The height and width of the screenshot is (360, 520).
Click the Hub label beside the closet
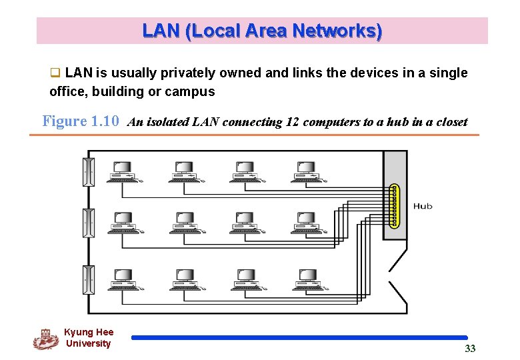point(423,206)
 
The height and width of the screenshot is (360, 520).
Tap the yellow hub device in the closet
point(394,206)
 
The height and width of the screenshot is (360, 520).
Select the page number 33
point(470,349)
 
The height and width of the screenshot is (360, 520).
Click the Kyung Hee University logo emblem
point(45,339)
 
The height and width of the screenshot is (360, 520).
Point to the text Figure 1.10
point(81,121)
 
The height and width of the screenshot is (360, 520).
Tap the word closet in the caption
point(451,122)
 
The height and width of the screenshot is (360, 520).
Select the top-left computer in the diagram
point(123,171)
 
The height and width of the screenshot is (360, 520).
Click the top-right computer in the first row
point(306,171)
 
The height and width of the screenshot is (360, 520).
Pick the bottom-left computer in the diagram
point(123,280)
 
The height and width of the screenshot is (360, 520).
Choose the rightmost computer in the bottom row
point(306,280)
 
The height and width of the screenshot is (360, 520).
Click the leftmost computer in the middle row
point(123,223)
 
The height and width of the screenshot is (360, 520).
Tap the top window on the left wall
point(88,172)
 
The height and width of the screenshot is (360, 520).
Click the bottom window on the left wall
point(88,279)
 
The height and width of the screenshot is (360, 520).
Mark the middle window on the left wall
point(88,223)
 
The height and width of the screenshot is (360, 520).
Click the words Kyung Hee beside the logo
point(89,332)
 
